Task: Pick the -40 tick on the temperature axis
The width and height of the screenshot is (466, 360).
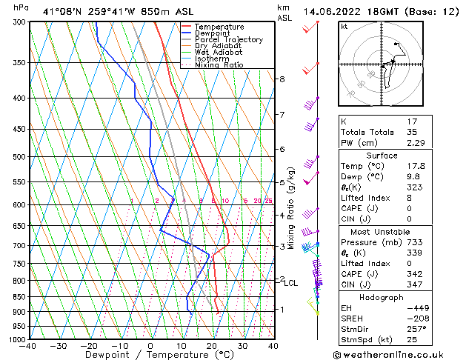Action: [x=28, y=346]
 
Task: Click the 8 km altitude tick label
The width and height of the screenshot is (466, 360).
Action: [x=282, y=79]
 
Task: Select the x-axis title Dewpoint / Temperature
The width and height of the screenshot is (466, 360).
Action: [x=150, y=355]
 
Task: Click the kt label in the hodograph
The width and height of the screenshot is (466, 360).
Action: [x=344, y=27]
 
